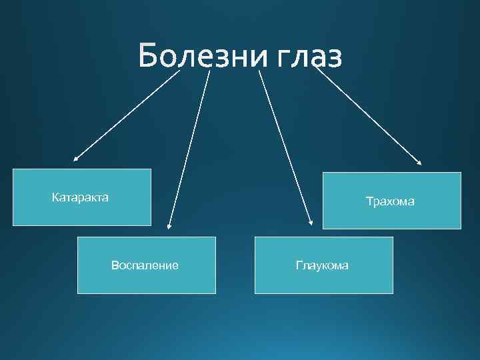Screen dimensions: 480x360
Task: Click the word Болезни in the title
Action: coord(201,56)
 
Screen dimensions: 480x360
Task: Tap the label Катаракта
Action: coord(80,197)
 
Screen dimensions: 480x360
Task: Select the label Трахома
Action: coord(390,201)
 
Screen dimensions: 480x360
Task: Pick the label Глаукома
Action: coord(322,265)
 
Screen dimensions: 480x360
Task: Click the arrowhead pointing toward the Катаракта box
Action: coord(75,159)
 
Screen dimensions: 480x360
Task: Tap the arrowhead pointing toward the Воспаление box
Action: coord(169,227)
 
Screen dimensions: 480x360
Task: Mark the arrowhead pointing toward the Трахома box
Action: coord(420,162)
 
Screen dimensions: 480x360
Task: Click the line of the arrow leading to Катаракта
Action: coord(127,115)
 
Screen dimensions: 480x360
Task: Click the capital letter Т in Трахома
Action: coord(369,201)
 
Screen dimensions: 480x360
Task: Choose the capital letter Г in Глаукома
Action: coord(299,265)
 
